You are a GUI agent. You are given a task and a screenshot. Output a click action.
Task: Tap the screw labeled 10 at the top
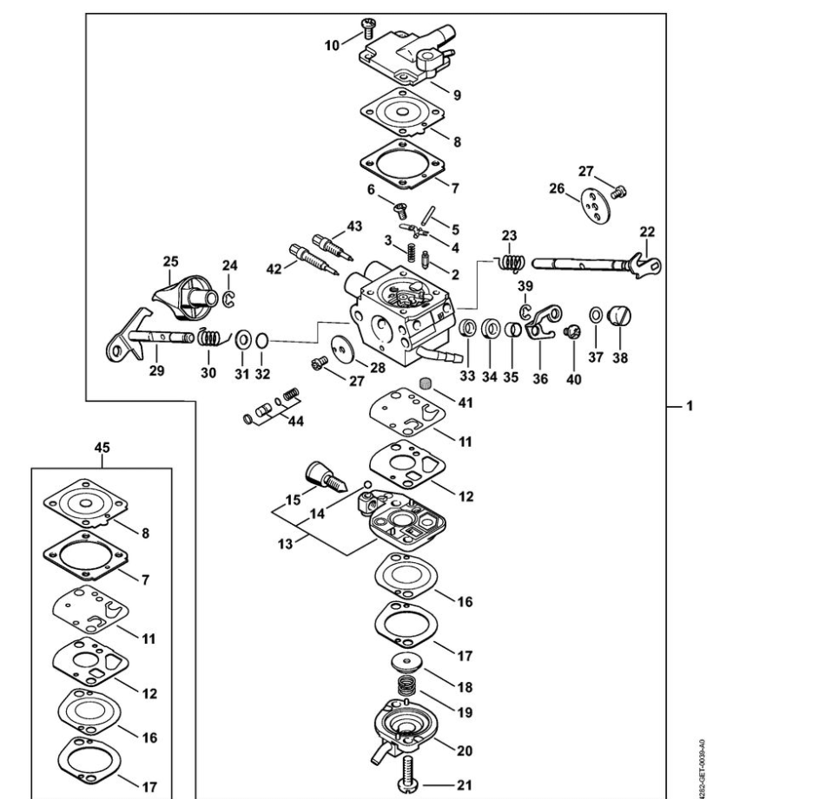(x=366, y=33)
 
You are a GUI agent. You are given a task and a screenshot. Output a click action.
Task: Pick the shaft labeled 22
(x=591, y=263)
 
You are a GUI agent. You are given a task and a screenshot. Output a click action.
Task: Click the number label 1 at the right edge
(x=689, y=405)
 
